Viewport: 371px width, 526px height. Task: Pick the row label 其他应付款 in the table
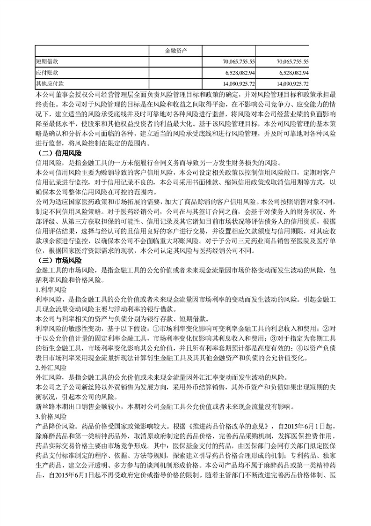click(50, 84)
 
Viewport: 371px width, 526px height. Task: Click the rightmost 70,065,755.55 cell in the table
click(285, 61)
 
